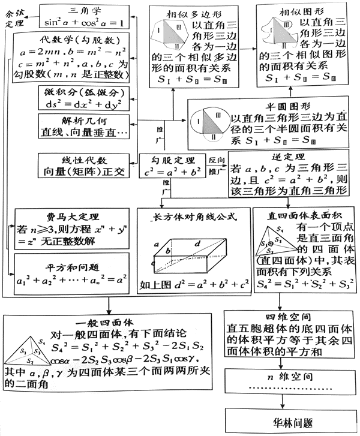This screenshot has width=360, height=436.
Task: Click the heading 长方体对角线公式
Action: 192,215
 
